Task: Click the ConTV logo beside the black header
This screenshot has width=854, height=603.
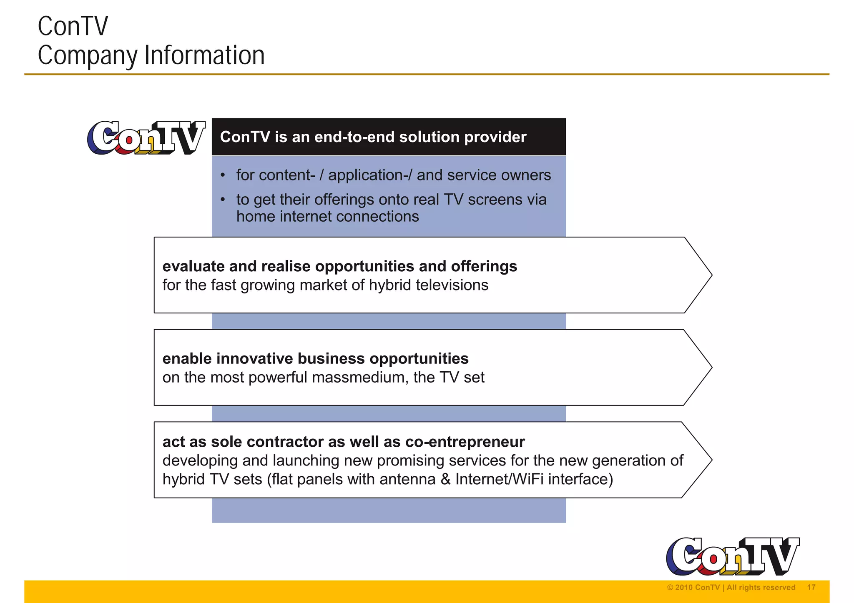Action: (x=146, y=138)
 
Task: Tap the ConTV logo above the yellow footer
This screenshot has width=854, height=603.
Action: (x=733, y=556)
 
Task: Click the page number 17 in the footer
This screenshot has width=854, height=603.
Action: (x=811, y=587)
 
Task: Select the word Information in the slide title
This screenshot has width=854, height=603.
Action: (x=204, y=55)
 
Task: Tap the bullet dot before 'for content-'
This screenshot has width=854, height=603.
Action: (x=223, y=175)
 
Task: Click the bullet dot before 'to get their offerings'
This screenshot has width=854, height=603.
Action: (x=223, y=200)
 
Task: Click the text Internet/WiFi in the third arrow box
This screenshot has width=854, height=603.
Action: (x=499, y=479)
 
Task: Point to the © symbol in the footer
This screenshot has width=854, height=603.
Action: (x=670, y=588)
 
